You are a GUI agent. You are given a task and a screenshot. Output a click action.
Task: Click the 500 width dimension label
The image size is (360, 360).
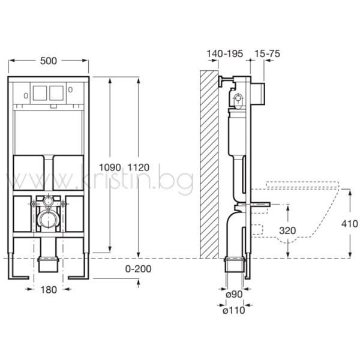(49, 61)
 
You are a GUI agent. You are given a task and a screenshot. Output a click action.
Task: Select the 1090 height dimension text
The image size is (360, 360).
(110, 167)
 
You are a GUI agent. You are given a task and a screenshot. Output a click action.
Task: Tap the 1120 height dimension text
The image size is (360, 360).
(139, 167)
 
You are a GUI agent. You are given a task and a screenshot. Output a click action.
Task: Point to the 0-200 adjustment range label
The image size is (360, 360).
(138, 269)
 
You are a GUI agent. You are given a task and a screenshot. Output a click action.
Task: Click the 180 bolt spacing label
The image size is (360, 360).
(49, 290)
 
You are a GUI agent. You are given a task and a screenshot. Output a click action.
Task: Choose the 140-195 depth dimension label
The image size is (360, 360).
(225, 54)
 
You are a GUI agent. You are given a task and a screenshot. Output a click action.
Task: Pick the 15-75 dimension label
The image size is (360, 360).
(267, 54)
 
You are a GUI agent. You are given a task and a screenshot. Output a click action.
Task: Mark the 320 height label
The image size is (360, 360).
(287, 230)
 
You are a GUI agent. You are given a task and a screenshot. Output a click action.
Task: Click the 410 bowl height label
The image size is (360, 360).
(349, 224)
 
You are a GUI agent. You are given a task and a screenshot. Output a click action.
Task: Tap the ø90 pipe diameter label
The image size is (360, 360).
(234, 294)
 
